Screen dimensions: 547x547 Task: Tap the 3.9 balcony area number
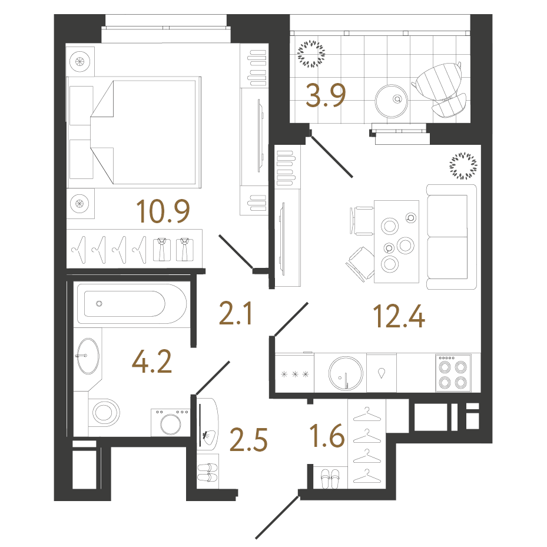coord(324,97)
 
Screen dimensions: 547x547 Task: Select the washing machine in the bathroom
coord(170,423)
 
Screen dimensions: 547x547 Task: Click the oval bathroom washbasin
coord(87,355)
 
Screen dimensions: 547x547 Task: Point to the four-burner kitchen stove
coord(453,373)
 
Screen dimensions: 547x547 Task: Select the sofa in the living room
coord(451,237)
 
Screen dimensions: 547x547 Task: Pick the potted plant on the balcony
coord(311,54)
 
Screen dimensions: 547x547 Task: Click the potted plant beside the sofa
coord(462,165)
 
